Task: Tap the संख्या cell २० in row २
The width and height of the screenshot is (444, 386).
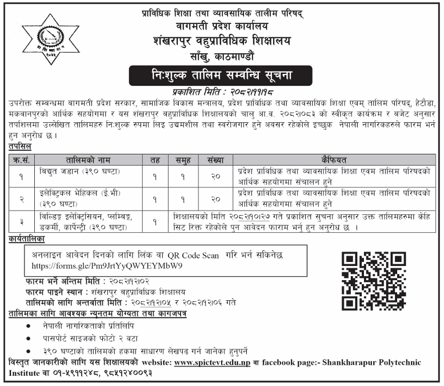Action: coord(215,198)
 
